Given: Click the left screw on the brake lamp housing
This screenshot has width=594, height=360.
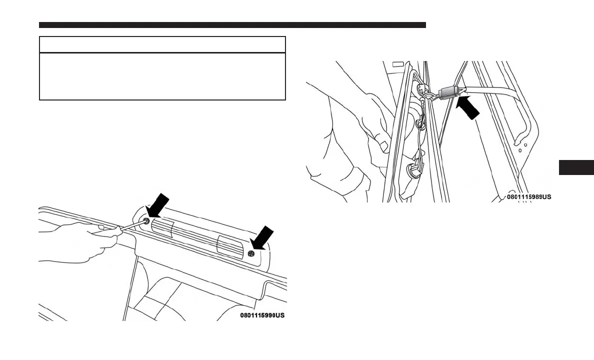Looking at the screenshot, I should pyautogui.click(x=147, y=221).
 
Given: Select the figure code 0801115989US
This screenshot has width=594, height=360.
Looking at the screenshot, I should pyautogui.click(x=529, y=197).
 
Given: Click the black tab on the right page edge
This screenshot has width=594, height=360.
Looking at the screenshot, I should pyautogui.click(x=576, y=167).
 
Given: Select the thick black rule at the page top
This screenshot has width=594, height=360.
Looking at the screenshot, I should pyautogui.click(x=232, y=25).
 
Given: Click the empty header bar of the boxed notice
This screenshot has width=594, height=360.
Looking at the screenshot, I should pyautogui.click(x=162, y=44).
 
